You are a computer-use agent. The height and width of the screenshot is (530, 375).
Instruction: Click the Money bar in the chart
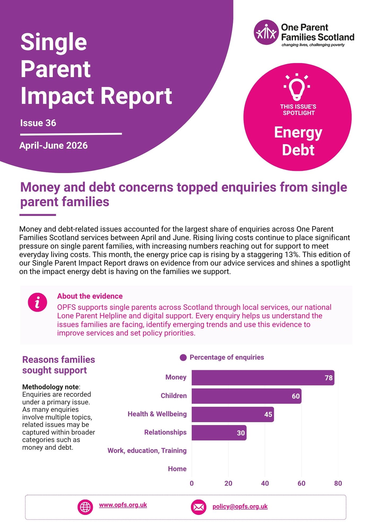point(263,378)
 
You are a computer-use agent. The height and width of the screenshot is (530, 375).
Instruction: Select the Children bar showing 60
point(246,396)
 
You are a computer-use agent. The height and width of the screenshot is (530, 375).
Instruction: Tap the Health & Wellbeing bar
point(233,414)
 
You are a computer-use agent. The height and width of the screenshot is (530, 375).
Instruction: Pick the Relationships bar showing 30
point(219,433)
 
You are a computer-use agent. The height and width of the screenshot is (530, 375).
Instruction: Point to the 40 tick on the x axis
point(265,483)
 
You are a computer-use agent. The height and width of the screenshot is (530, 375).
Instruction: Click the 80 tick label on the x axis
point(338,483)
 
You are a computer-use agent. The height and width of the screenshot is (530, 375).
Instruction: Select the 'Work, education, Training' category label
point(147,450)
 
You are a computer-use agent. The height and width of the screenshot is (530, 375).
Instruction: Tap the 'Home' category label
point(177,469)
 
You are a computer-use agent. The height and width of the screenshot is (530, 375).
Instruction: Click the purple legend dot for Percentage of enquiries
point(183,358)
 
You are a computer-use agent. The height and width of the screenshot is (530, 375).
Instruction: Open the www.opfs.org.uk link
point(123,505)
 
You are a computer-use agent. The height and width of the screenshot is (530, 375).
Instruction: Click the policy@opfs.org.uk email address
point(240,506)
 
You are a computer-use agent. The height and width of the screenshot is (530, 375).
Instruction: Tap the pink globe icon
point(85,507)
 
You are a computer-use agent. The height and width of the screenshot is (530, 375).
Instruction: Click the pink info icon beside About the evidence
point(37,302)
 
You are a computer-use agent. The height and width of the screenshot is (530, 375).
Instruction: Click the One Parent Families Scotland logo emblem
point(266,32)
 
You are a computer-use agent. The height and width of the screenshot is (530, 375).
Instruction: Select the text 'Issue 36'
point(38,123)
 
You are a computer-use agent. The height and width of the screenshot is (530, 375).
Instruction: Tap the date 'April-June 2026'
point(54,145)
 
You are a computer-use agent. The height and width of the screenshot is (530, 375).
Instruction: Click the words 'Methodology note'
point(50,387)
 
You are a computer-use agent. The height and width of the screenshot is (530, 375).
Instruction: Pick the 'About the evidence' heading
point(90,296)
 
